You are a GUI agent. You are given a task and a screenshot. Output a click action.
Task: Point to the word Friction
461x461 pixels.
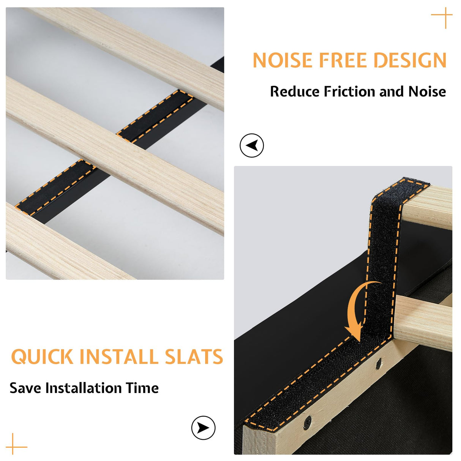349,92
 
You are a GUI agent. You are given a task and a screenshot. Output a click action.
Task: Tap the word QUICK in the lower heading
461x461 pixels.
42,357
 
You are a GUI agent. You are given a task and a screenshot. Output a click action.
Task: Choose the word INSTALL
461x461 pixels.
119,357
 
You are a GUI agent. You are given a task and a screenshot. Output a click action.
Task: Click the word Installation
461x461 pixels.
84,388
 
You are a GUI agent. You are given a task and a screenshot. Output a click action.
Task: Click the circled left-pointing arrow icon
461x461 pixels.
252,145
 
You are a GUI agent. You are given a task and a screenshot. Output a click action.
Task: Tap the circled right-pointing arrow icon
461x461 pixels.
203,428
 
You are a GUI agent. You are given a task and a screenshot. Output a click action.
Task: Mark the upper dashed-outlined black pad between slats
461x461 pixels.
155,116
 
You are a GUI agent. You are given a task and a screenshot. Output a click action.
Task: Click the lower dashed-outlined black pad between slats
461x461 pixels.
55,188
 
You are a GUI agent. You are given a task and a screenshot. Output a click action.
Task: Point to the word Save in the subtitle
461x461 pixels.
25,388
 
